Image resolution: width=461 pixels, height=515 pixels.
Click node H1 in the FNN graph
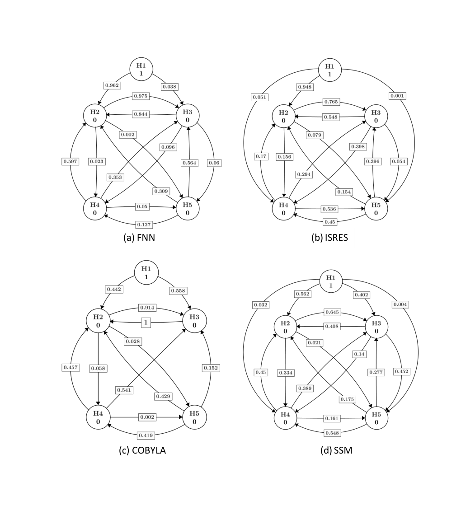click(x=141, y=69)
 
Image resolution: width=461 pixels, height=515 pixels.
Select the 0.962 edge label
click(x=112, y=85)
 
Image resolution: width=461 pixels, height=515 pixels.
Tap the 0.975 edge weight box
click(x=141, y=96)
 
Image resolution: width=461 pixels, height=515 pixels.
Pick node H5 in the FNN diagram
click(x=187, y=209)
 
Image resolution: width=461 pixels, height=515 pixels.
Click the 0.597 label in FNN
click(x=71, y=161)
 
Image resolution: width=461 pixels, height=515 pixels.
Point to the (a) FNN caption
click(x=139, y=237)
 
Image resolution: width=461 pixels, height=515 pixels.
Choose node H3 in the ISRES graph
click(x=376, y=116)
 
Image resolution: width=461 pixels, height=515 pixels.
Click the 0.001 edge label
click(x=398, y=96)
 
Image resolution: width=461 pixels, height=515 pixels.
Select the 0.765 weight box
click(x=331, y=102)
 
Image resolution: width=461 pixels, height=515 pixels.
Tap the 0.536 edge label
click(x=329, y=209)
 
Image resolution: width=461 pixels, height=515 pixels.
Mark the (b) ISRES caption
click(x=329, y=237)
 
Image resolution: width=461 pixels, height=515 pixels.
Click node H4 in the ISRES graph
click(x=283, y=209)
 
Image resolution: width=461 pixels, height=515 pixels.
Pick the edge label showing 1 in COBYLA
click(x=146, y=323)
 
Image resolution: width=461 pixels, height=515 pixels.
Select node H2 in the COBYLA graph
click(x=98, y=321)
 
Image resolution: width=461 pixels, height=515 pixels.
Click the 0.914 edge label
click(x=147, y=308)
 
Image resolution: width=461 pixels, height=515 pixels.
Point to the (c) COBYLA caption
click(x=142, y=450)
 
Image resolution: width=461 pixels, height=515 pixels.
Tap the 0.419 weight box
click(x=146, y=435)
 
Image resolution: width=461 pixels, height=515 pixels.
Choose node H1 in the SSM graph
click(x=331, y=281)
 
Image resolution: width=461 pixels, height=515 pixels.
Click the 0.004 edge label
click(x=400, y=304)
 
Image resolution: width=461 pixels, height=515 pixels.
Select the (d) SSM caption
click(x=336, y=450)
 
